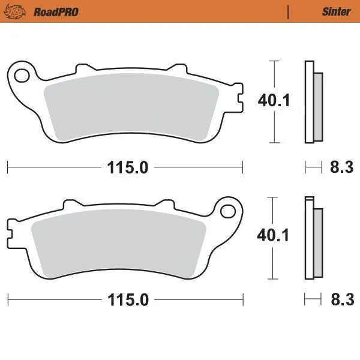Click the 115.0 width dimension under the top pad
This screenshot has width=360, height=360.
tap(128, 167)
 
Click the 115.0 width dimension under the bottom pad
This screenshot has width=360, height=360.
tap(128, 299)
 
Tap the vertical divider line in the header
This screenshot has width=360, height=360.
tap(289, 11)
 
